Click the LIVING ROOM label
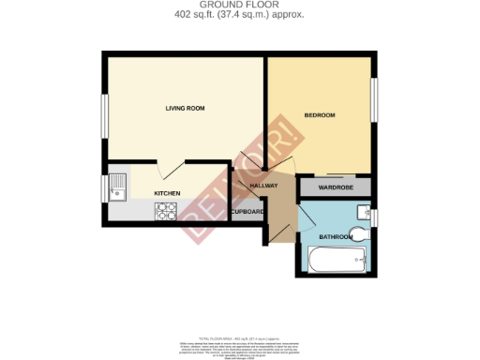coord(185,109)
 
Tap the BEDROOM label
coord(319,115)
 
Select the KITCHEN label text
coord(167,193)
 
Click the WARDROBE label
coord(334,187)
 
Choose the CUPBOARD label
coord(247,212)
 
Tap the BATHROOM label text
coord(335,237)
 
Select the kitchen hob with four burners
coord(166,212)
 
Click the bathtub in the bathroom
coord(335,262)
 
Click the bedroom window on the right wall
coord(377,99)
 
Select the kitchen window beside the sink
coord(105,187)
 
